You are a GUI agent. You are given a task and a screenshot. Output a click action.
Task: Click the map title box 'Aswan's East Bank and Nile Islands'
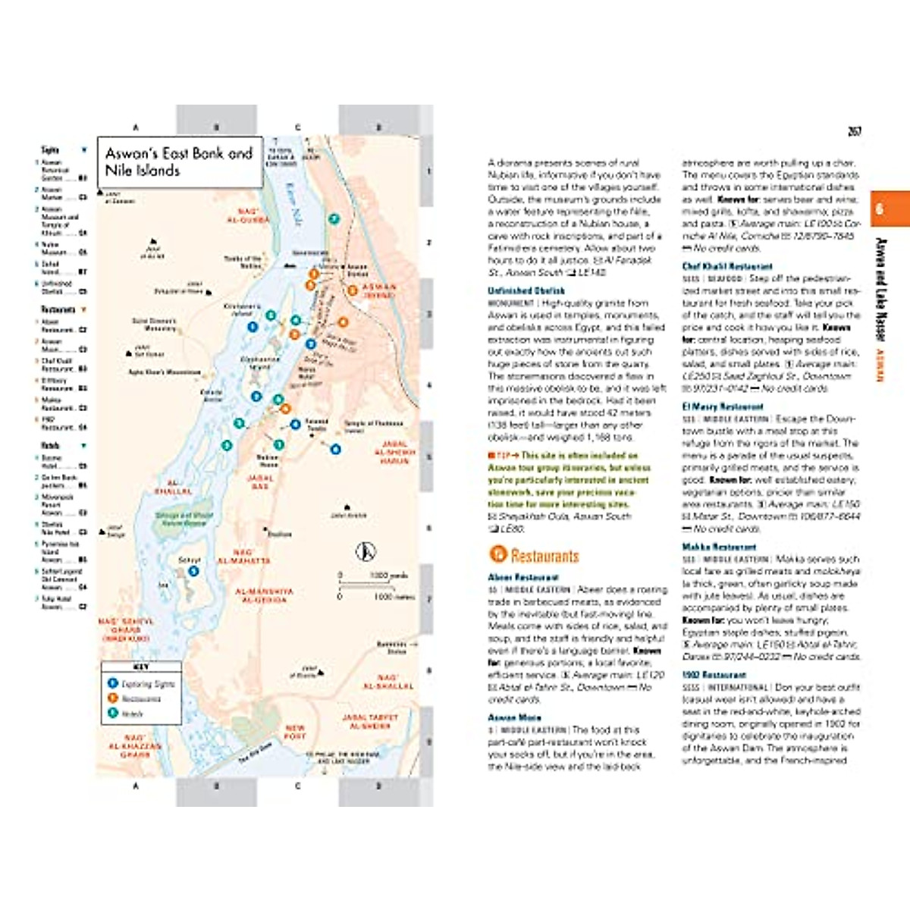tap(180, 162)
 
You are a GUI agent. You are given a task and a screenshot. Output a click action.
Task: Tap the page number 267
tap(855, 131)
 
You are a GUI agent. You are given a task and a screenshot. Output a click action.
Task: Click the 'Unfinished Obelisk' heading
tap(526, 290)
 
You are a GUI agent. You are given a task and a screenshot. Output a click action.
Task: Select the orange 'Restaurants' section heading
tap(544, 556)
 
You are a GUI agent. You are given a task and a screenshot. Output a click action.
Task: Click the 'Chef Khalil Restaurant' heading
tap(727, 266)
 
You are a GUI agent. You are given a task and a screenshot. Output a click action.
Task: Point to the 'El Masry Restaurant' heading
tap(723, 406)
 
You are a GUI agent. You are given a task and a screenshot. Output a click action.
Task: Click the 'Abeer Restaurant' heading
tap(523, 577)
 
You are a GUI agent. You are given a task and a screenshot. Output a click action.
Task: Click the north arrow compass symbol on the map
tap(366, 551)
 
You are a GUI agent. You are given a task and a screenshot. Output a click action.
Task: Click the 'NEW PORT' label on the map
tap(295, 732)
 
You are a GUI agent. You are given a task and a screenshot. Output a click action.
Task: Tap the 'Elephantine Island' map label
tap(260, 362)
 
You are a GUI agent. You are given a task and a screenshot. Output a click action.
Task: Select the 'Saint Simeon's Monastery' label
tap(154, 325)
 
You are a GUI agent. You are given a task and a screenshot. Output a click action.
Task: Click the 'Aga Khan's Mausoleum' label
tap(165, 372)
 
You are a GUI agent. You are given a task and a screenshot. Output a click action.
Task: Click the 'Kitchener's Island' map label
tap(242, 309)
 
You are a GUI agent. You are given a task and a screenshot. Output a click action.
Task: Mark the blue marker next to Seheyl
tap(193, 571)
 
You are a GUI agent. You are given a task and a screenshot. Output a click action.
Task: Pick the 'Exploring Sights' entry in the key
tap(147, 684)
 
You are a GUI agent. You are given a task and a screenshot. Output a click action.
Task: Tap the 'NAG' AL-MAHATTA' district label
tap(243, 556)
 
